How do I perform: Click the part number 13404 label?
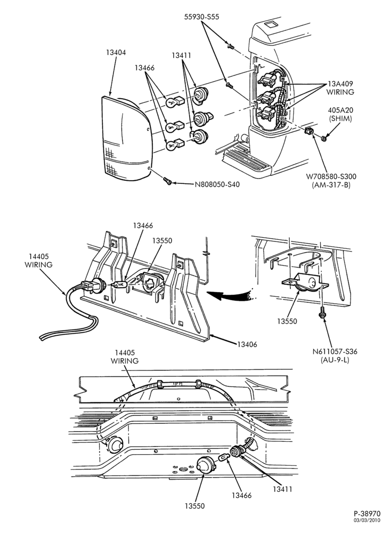point(116,53)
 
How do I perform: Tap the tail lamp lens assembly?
point(126,138)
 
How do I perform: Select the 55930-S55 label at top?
point(202,17)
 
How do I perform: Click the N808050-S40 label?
point(217,184)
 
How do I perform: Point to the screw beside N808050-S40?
point(167,181)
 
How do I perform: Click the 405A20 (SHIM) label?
point(340,115)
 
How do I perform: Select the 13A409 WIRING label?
point(340,88)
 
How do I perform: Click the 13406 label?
point(247,344)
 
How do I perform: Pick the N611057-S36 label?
point(335,351)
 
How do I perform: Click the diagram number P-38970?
point(367,514)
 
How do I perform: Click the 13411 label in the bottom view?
point(282,489)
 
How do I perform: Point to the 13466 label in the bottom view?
point(241,495)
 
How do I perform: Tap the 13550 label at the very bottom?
point(194,506)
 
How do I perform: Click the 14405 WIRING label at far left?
point(38,261)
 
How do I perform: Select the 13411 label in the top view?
point(181,55)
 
